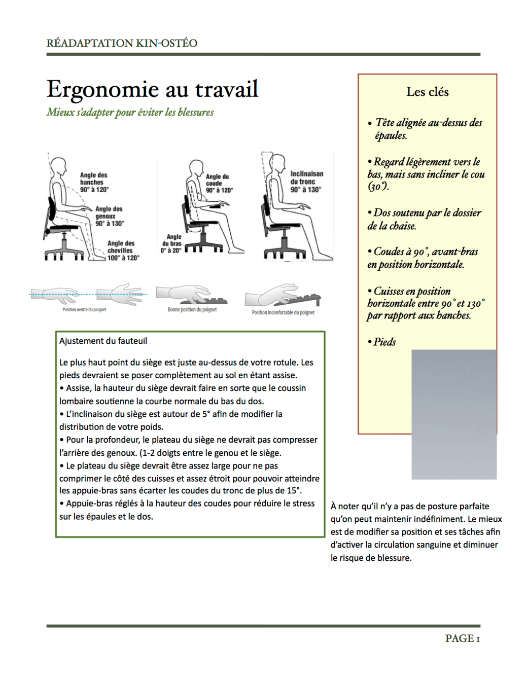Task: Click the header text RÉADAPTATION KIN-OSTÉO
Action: coord(122,43)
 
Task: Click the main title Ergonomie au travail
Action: coord(152,89)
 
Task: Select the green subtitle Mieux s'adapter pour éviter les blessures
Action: coord(130,112)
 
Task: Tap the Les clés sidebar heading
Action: coord(427,92)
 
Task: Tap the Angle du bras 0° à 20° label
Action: coord(171,243)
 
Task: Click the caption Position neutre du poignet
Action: coord(84,309)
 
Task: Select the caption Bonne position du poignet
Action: coord(192,309)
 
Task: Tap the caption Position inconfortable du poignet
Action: coord(283,312)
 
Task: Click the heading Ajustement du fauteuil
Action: coord(103,341)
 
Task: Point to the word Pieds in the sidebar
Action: coord(384,342)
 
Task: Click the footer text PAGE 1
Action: coord(462,638)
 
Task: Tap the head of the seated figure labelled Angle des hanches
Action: coord(59,166)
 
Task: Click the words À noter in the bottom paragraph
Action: coord(346,506)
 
